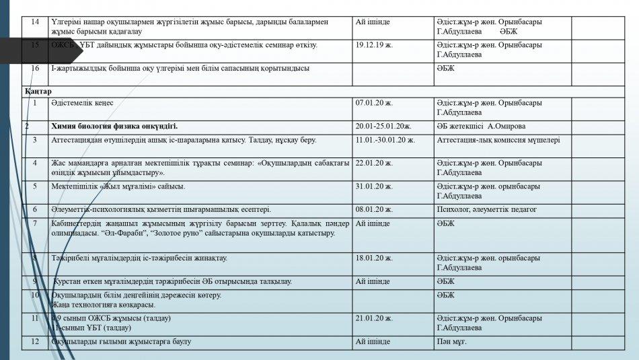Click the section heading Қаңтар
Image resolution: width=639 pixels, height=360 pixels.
pyautogui.click(x=38, y=91)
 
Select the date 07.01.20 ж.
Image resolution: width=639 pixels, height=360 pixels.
pyautogui.click(x=374, y=103)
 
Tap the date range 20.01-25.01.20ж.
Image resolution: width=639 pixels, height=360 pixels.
pyautogui.click(x=383, y=127)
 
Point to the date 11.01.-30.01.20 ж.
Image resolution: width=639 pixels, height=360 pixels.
pyautogui.click(x=385, y=140)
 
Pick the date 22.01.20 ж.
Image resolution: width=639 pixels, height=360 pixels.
pyautogui.click(x=374, y=163)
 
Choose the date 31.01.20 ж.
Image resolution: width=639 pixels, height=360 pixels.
pyautogui.click(x=374, y=186)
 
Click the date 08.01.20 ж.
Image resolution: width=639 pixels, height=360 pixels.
pyautogui.click(x=374, y=209)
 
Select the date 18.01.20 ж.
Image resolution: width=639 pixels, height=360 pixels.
pyautogui.click(x=374, y=258)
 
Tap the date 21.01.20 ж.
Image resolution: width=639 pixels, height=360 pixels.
pyautogui.click(x=374, y=318)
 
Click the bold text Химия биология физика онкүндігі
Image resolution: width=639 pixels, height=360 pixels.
pyautogui.click(x=114, y=127)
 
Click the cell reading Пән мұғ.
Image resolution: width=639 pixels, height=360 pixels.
pyautogui.click(x=451, y=342)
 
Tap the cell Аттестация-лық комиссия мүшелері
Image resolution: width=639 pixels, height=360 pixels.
pyautogui.click(x=498, y=140)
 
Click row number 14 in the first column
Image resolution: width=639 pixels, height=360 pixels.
pyautogui.click(x=35, y=22)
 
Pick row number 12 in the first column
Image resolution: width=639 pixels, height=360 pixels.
pyautogui.click(x=35, y=342)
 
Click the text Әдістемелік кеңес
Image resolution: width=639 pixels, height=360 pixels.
pyautogui.click(x=83, y=103)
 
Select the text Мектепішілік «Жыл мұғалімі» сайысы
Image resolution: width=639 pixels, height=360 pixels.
pyautogui.click(x=118, y=186)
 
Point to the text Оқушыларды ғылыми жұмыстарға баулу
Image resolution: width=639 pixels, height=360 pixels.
pyautogui.click(x=121, y=342)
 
